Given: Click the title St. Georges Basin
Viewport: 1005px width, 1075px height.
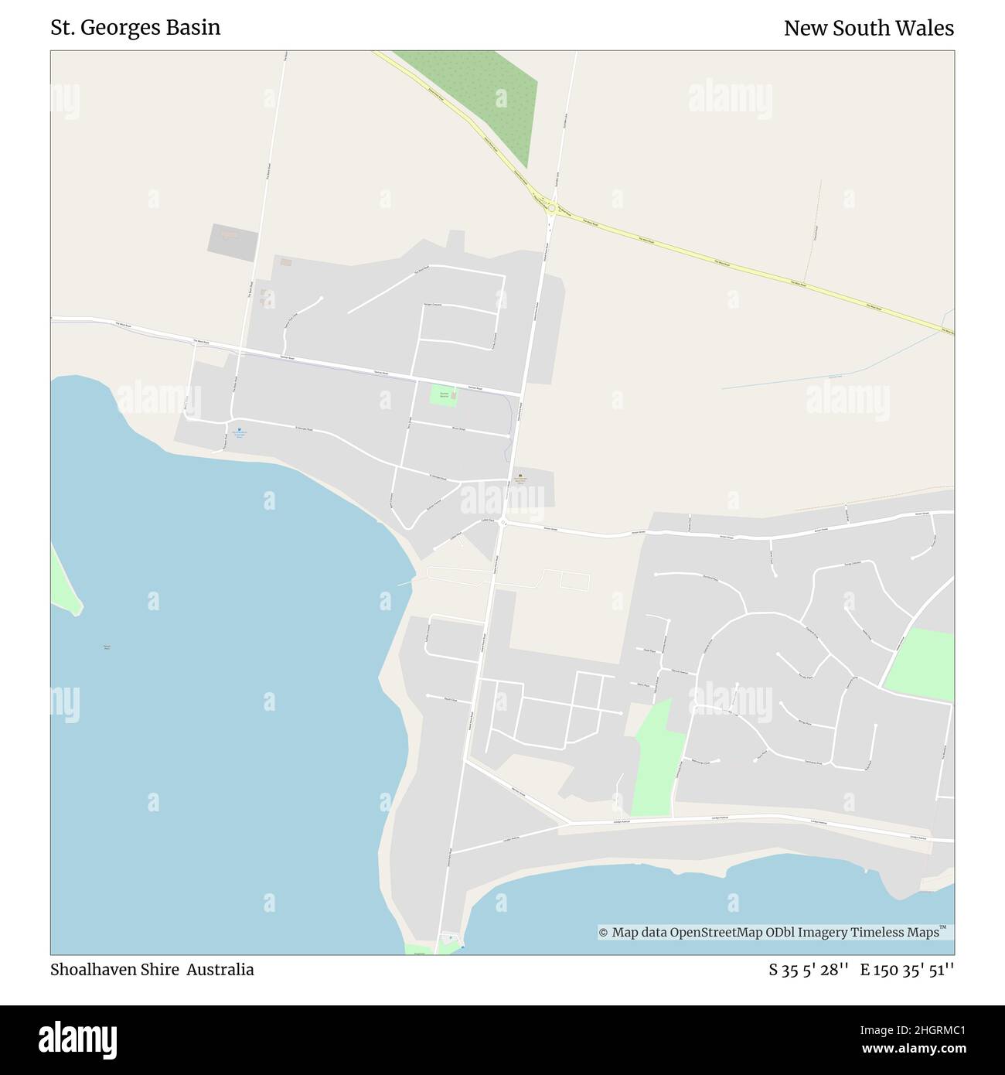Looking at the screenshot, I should [x=135, y=28].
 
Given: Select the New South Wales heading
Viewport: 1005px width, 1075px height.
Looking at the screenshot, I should [x=868, y=29].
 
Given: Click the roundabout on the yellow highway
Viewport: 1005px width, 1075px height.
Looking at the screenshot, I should [x=551, y=206].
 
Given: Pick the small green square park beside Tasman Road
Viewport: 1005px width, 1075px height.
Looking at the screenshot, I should [x=443, y=395].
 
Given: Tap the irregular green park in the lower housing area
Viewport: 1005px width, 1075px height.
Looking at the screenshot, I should [x=656, y=762].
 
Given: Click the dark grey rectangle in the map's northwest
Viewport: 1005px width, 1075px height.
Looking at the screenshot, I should [x=232, y=242].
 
